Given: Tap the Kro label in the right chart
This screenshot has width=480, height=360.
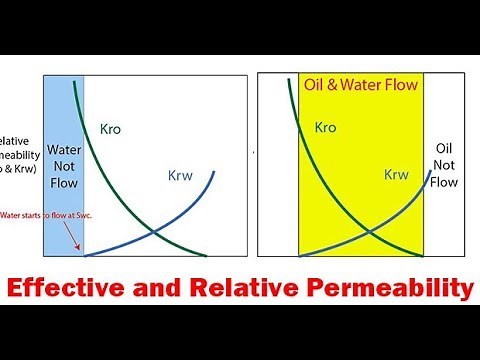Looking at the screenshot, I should [326, 127].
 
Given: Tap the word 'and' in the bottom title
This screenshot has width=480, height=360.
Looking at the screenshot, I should [167, 289].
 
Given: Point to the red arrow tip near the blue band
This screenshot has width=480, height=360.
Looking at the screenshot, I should [79, 251].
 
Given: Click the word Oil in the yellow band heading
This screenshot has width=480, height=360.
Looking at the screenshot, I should [316, 84].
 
